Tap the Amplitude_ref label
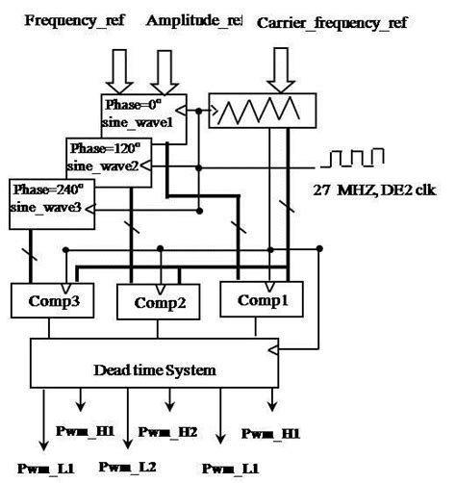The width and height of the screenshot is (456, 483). (196, 19)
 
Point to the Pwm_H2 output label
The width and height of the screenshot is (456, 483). (169, 432)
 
